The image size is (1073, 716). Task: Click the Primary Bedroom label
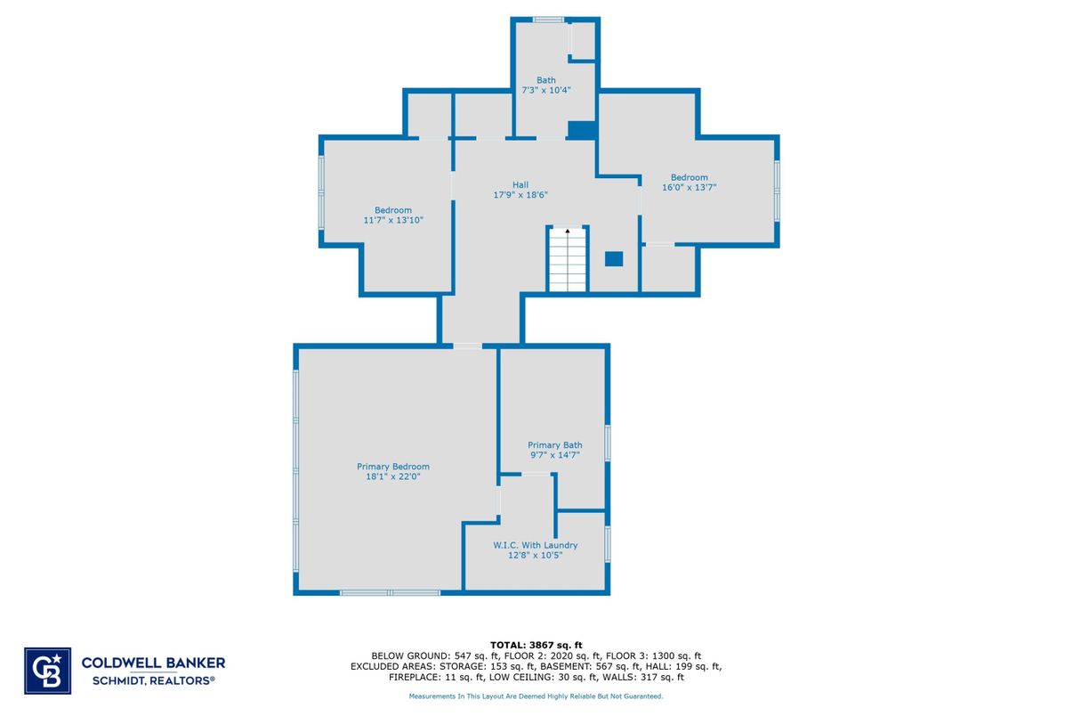(392, 467)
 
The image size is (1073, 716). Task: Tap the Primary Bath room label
(554, 445)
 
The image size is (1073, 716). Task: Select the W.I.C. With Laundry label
(535, 545)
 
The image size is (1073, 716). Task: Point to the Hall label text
(520, 185)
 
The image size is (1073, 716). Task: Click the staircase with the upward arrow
(568, 260)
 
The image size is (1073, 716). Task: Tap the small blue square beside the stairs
(614, 259)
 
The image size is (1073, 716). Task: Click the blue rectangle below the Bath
(581, 130)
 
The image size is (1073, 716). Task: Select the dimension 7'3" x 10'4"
(545, 90)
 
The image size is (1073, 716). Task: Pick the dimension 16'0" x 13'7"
(690, 187)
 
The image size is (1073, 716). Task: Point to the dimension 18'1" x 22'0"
(392, 476)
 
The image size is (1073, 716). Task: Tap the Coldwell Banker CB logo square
(47, 670)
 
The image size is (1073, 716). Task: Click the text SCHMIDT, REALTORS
(153, 680)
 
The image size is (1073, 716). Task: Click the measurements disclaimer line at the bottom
(536, 696)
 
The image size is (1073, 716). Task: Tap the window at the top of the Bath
(548, 20)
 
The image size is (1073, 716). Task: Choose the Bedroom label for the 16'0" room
(690, 177)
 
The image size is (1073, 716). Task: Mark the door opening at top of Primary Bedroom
(467, 346)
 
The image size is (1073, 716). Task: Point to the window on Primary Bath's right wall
(608, 443)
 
